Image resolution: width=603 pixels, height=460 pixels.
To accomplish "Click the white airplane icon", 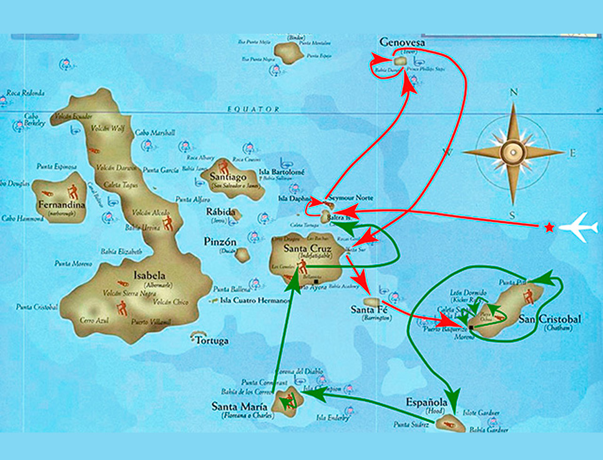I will [x=579, y=227].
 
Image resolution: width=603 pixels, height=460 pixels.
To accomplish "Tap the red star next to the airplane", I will [x=549, y=227].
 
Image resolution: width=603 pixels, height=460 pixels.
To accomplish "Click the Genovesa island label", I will [x=402, y=42].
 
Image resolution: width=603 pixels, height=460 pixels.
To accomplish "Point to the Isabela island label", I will [x=149, y=275].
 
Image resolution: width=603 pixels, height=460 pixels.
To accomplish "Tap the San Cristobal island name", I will [x=549, y=319].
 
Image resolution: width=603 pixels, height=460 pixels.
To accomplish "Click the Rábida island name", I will [x=220, y=212].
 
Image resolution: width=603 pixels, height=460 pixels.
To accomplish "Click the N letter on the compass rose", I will [x=514, y=92].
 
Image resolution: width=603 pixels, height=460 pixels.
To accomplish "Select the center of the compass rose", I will [x=514, y=152].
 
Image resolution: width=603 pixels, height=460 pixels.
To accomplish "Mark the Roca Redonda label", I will [x=26, y=93].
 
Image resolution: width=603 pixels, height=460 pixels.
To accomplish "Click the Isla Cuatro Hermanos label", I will [x=255, y=300].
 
